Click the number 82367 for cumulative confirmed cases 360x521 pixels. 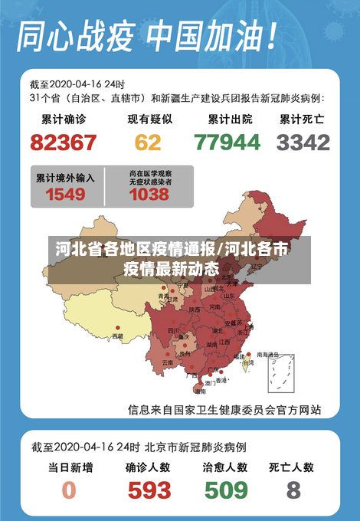(63, 143)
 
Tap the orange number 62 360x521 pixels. (148, 143)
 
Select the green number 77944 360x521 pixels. (227, 143)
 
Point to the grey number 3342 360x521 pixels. (303, 143)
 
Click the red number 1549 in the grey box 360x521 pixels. (65, 195)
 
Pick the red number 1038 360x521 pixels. (149, 195)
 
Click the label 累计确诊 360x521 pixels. (64, 120)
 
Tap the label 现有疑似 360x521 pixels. (149, 120)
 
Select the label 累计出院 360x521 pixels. (229, 120)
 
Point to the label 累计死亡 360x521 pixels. (302, 120)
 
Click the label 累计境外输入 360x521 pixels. (66, 178)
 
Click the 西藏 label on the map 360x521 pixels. (117, 336)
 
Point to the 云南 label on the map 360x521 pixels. (168, 362)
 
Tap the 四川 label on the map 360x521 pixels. (173, 330)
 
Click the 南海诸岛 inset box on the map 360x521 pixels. (278, 371)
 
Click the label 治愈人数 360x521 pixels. (225, 467)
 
